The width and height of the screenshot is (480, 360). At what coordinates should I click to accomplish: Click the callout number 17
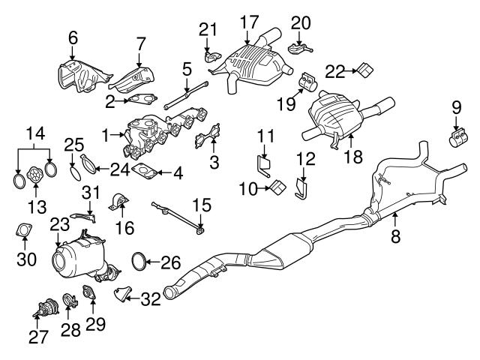click(246, 22)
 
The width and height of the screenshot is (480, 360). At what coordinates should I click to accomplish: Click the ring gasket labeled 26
click(139, 262)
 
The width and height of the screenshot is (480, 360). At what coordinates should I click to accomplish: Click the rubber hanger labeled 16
click(118, 202)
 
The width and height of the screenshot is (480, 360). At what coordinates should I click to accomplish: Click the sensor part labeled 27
click(48, 308)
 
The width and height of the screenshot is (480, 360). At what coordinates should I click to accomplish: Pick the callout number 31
click(90, 192)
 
